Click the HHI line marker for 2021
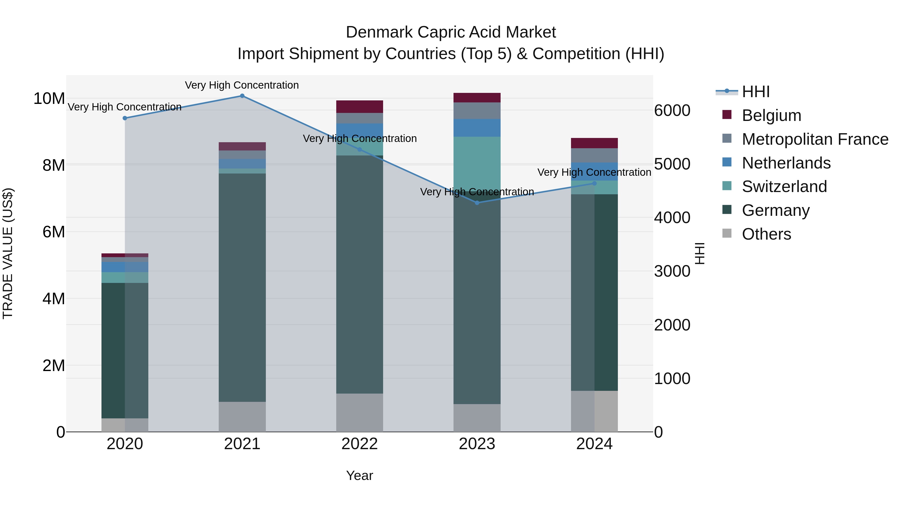[242, 96]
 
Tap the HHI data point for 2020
[125, 118]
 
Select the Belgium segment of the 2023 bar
[477, 98]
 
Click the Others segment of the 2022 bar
[360, 413]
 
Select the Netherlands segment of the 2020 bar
[125, 267]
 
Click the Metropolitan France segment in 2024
[594, 155]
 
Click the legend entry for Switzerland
[784, 187]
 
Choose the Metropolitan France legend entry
[815, 139]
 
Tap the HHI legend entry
[755, 92]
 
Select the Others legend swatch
[727, 233]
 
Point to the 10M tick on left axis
[49, 99]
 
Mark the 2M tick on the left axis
[54, 366]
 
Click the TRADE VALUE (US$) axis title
[8, 253]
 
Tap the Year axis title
[360, 475]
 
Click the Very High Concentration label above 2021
[242, 85]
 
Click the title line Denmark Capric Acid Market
[451, 32]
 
